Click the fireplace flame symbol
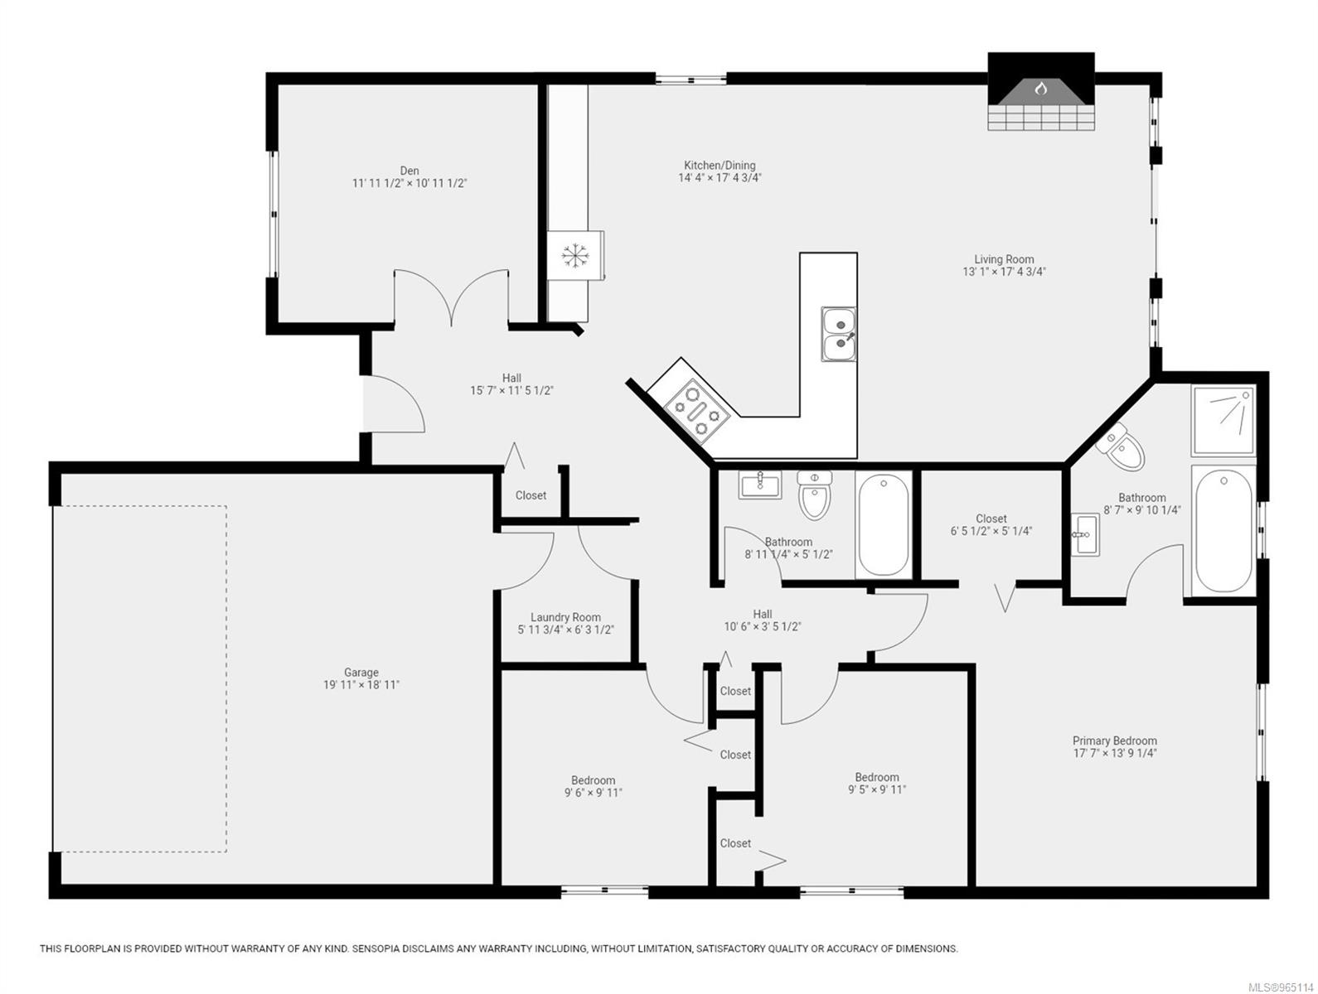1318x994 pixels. point(1041,87)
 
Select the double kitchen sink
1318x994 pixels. point(839,334)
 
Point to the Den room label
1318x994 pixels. point(409,171)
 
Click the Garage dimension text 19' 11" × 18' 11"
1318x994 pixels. point(361,685)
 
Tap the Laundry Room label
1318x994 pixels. point(565,617)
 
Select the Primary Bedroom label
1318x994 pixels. point(1114,741)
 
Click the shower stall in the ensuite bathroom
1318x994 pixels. point(1223,420)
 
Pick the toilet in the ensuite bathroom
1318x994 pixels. point(1122,447)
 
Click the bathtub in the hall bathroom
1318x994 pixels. point(883,525)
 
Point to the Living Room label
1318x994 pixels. point(1004,259)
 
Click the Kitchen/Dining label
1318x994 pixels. point(720,165)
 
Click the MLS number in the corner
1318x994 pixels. point(1282,985)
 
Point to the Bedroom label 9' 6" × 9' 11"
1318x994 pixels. point(593,780)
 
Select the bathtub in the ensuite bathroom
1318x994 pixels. point(1223,530)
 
